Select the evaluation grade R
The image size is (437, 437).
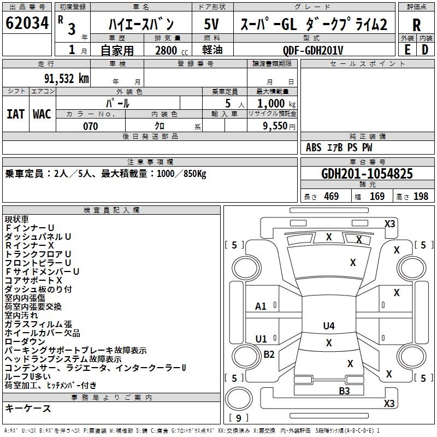coord(416,25)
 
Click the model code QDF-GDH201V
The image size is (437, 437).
coord(313,50)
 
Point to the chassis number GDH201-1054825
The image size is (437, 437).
coord(367,174)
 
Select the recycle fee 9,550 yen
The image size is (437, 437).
coord(272,126)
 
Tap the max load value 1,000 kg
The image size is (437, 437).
coord(272,103)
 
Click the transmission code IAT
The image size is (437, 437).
coord(16,114)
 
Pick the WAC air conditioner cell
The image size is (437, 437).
coord(42,114)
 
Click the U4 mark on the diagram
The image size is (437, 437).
coord(328,326)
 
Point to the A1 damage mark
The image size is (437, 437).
coord(261,306)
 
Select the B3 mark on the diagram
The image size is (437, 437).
coord(344,391)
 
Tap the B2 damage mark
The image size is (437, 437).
coord(269,355)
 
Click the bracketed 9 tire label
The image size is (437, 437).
coord(238,418)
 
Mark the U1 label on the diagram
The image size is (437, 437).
coord(261,339)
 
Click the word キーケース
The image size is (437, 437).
coord(28,409)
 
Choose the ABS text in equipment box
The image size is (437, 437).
coord(314,147)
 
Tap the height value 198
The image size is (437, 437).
coord(421,197)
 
